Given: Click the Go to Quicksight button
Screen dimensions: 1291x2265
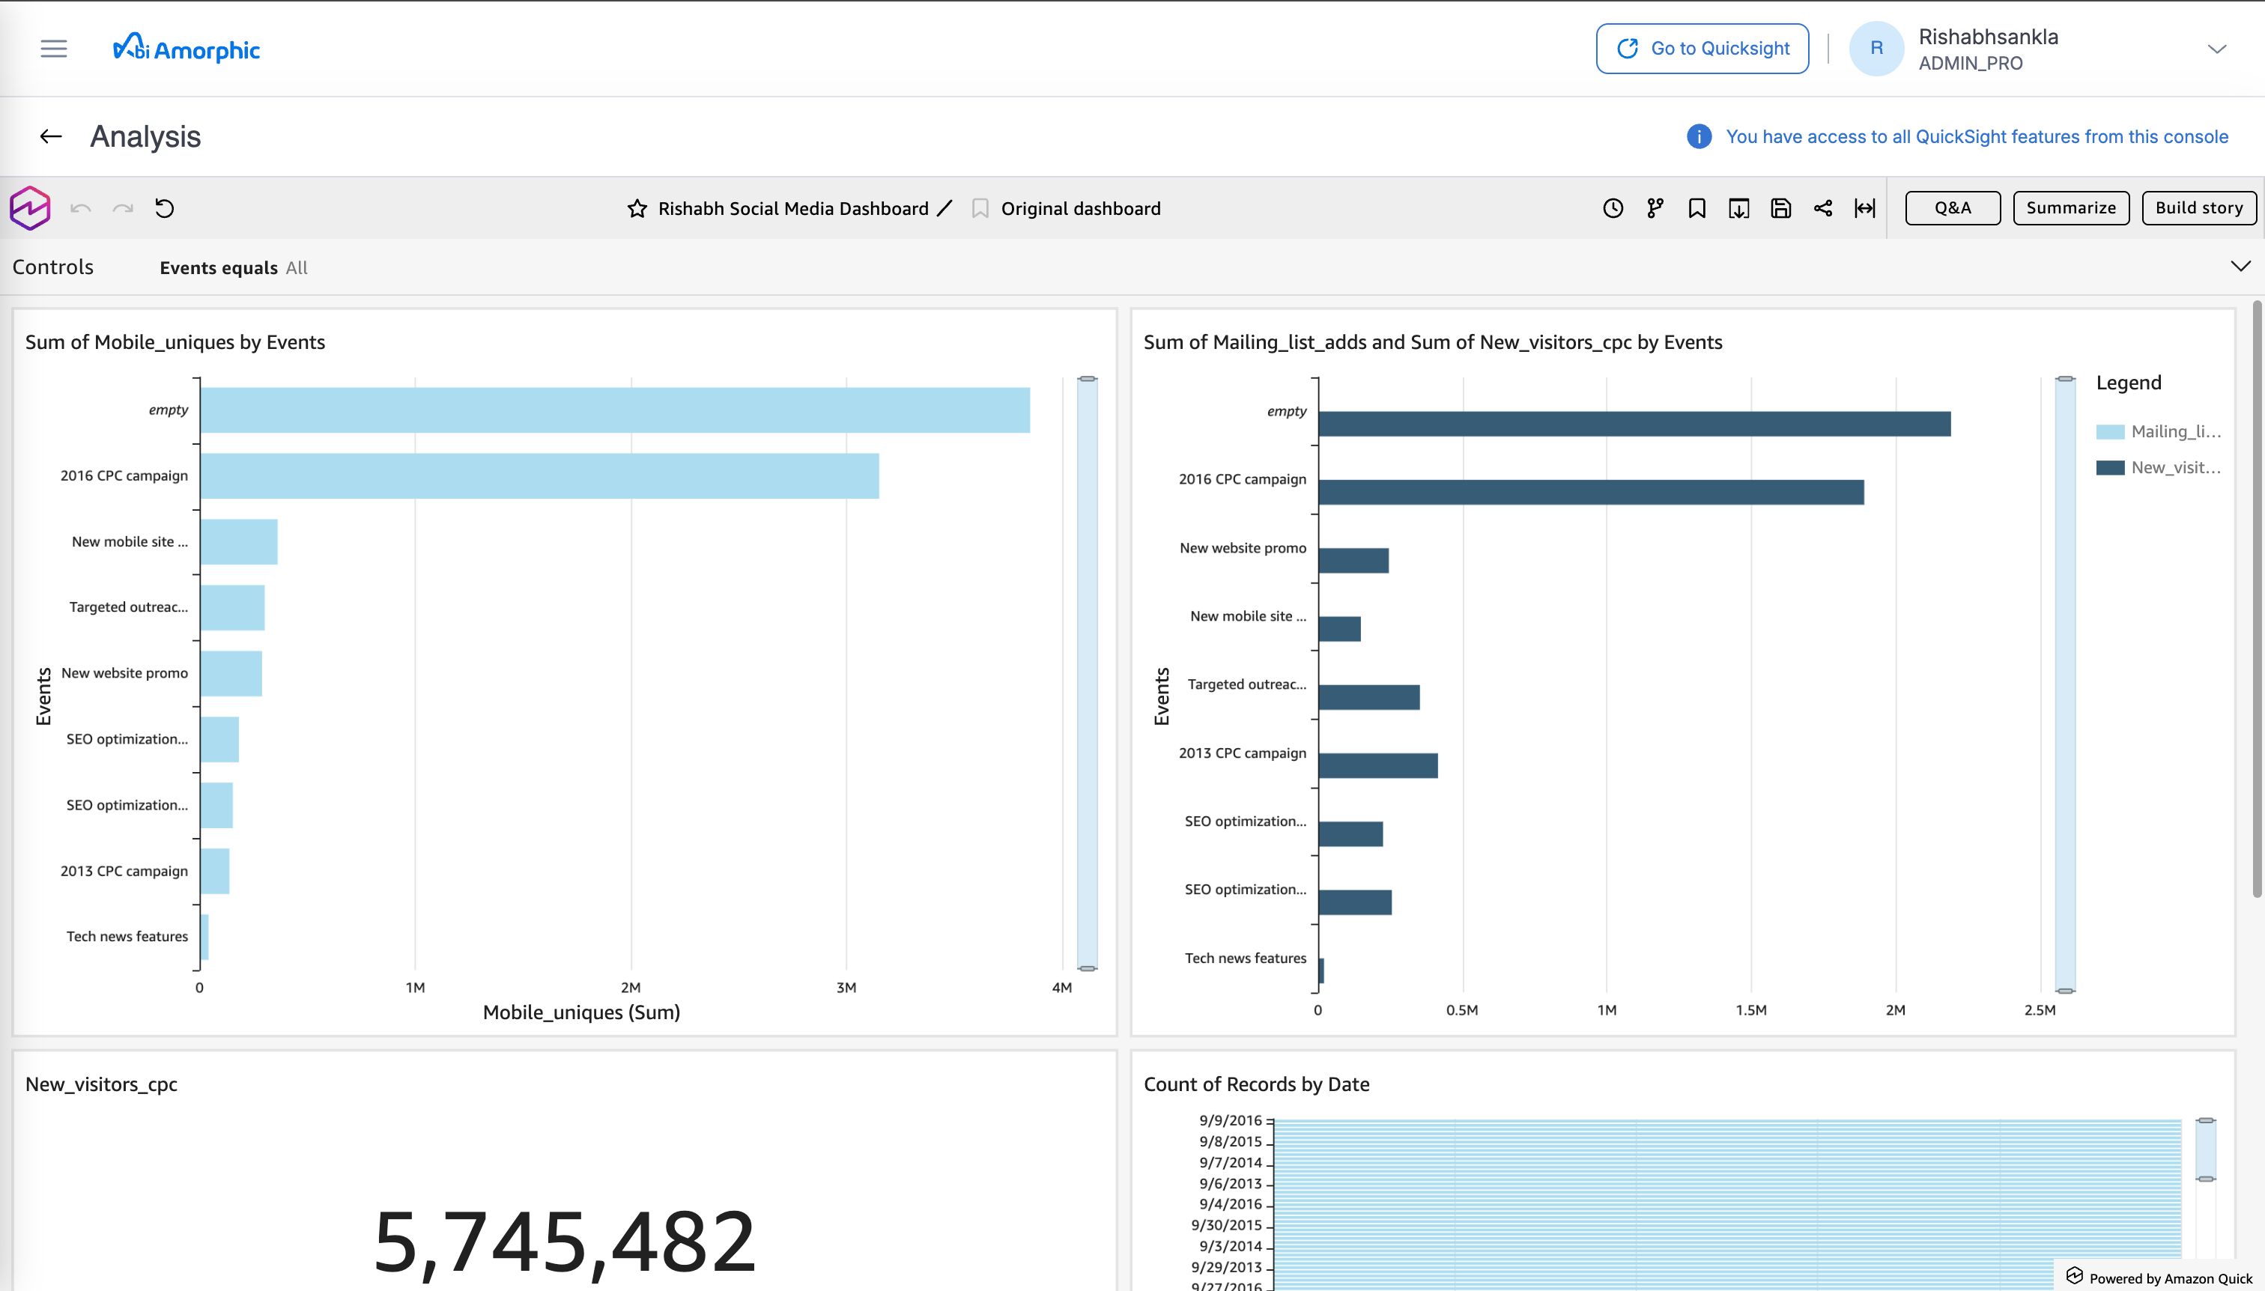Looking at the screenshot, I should [x=1701, y=49].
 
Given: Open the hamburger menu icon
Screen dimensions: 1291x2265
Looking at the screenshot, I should [x=54, y=49].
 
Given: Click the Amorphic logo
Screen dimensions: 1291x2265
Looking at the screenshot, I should [x=187, y=49].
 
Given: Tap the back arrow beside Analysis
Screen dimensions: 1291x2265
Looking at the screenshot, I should [x=50, y=136].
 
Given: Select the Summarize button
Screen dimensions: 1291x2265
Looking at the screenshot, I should [x=2070, y=208].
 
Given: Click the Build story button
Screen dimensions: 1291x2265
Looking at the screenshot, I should [x=2198, y=208].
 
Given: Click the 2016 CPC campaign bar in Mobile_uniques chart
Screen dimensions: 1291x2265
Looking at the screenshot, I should [x=539, y=476].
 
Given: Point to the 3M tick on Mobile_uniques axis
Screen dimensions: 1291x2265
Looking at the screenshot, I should [x=846, y=988].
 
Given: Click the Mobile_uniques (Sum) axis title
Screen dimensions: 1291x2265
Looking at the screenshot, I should [x=581, y=1012].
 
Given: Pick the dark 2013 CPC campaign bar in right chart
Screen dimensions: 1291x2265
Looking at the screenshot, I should [x=1377, y=766].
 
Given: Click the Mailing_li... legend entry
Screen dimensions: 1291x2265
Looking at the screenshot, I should [x=2158, y=432].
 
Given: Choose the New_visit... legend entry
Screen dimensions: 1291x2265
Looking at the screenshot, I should [x=2158, y=468].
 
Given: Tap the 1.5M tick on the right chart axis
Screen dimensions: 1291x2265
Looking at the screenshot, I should [x=1750, y=1011].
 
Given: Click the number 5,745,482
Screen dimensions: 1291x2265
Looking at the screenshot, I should [x=564, y=1242].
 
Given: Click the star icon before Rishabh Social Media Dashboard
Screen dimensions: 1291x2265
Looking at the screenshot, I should [x=637, y=209].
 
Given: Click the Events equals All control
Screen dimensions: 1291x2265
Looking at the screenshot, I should [x=233, y=268].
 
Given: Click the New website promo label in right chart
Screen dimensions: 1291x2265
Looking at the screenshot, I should [x=1243, y=549].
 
